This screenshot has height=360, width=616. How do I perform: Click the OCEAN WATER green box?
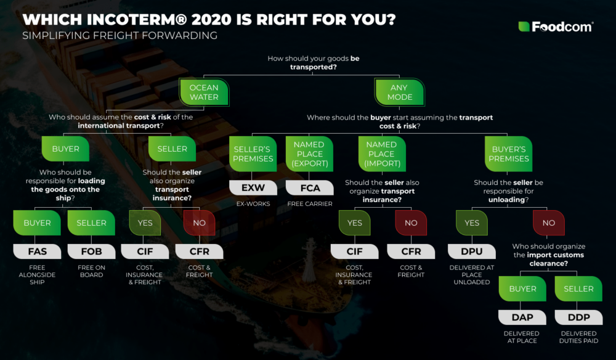(x=204, y=92)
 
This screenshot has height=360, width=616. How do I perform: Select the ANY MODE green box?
(x=398, y=92)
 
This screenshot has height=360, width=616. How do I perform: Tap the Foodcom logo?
(x=556, y=27)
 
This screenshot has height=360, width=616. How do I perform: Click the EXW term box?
(x=253, y=187)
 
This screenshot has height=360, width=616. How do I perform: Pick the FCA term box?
(x=309, y=187)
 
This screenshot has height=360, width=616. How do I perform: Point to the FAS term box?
(x=38, y=252)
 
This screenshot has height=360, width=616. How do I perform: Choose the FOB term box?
(x=91, y=252)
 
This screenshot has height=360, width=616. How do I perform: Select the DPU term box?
(x=472, y=252)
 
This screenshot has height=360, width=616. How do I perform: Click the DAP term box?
(x=523, y=317)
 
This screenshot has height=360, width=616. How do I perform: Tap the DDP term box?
(x=578, y=317)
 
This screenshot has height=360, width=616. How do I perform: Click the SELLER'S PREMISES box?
(x=253, y=154)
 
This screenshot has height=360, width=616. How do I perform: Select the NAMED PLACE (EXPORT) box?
(x=309, y=154)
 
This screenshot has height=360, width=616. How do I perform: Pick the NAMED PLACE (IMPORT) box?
(x=381, y=154)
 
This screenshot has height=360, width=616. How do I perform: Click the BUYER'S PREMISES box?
(x=509, y=154)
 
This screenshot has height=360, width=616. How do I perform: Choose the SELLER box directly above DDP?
(x=578, y=288)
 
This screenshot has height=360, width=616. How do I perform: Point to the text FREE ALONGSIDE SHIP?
(x=38, y=275)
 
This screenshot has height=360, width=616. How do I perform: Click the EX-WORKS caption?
(x=253, y=203)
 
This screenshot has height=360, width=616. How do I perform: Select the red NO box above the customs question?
(x=549, y=223)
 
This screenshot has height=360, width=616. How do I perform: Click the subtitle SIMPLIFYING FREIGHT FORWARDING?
(x=120, y=36)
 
